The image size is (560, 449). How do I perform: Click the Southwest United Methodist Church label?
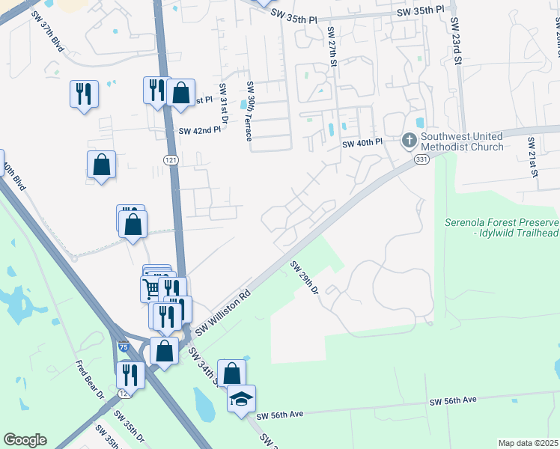(x=461, y=141)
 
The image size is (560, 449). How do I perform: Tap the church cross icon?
(x=409, y=139)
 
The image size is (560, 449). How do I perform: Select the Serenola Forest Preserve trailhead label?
(x=501, y=227)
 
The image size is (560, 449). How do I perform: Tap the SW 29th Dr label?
(x=305, y=277)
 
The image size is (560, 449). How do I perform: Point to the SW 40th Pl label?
(x=362, y=144)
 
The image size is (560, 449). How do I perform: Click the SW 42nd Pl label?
(x=200, y=130)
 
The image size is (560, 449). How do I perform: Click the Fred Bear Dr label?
(x=89, y=380)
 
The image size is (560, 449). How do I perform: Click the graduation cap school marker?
(x=241, y=399)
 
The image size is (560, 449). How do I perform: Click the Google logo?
(x=25, y=440)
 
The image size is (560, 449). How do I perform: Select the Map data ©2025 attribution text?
(x=528, y=443)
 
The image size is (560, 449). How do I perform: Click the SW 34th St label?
(x=203, y=367)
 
